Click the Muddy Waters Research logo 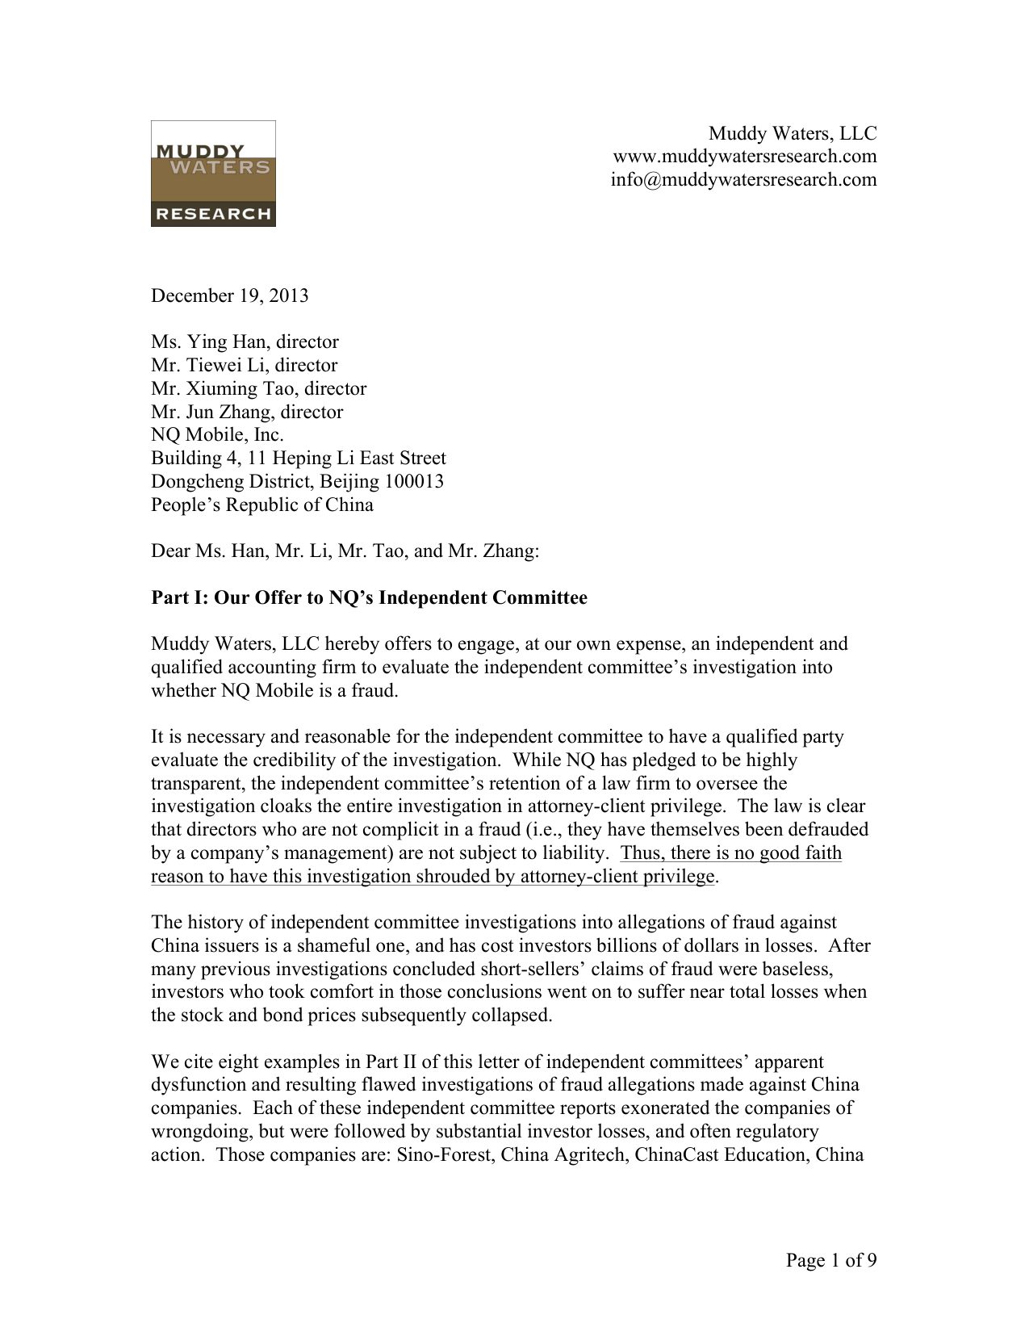pos(213,174)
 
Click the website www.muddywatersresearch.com pos(744,156)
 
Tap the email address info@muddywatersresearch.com pos(743,179)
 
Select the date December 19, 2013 pos(229,295)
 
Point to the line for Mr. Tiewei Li pos(244,365)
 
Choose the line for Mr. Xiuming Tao pos(258,388)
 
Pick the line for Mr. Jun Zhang pos(247,412)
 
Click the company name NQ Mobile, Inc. pos(217,435)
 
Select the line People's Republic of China pos(262,505)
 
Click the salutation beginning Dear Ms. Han pos(345,551)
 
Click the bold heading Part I pos(369,598)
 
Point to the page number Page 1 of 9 pos(831,1261)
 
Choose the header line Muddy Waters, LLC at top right pos(793,133)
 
